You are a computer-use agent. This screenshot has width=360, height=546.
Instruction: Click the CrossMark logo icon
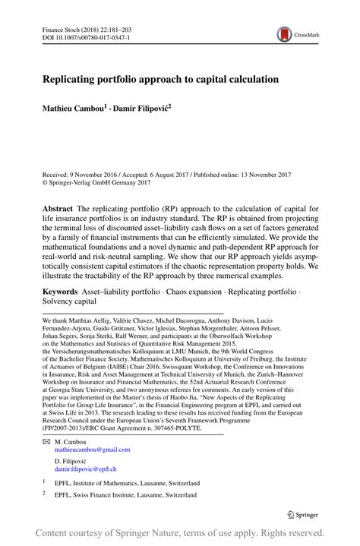[285, 34]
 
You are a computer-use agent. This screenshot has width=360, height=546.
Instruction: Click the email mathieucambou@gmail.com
[92, 450]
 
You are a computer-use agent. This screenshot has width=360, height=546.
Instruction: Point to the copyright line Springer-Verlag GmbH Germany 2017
[98, 181]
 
